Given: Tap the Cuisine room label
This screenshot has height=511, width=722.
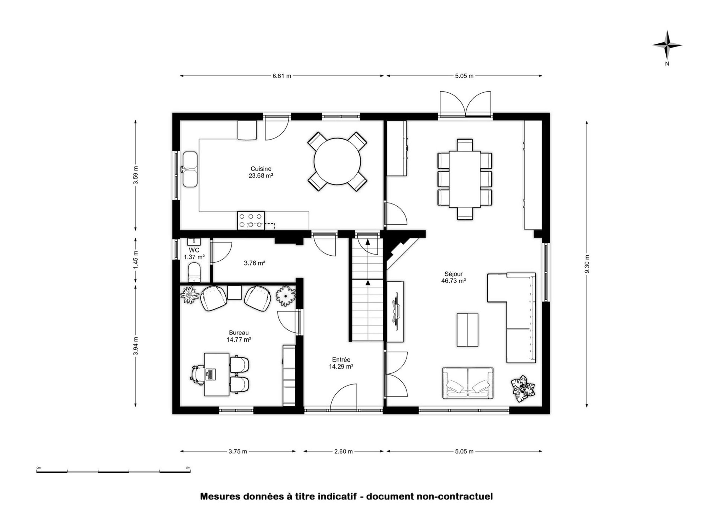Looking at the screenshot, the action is click(x=261, y=169).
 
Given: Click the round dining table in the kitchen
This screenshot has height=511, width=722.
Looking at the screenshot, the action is click(x=337, y=161).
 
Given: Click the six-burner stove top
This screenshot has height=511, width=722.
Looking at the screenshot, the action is click(x=251, y=220).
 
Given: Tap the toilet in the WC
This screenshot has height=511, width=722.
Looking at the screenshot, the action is click(x=194, y=273).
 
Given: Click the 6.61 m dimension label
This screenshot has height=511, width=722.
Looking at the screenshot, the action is click(x=282, y=76).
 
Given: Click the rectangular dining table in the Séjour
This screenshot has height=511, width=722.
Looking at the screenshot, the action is click(x=465, y=179).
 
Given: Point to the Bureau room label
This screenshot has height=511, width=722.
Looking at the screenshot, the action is click(x=239, y=333).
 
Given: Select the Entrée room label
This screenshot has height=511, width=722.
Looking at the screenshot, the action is click(x=341, y=359).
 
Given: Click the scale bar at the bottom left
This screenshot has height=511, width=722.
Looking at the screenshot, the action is click(x=113, y=471).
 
